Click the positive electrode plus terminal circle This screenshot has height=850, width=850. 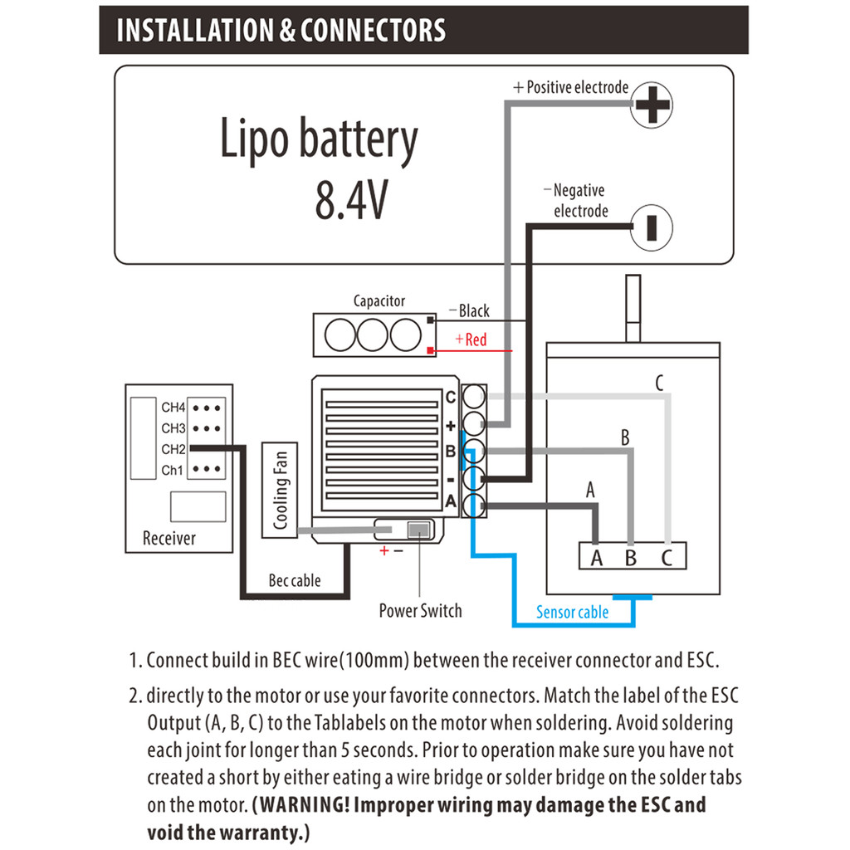coord(652,105)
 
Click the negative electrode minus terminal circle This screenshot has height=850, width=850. coord(652,227)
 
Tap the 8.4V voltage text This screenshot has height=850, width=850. coord(352,201)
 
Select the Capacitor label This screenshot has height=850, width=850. coord(379,300)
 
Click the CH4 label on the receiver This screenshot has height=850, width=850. coord(173,407)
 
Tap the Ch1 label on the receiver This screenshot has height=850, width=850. coord(173,470)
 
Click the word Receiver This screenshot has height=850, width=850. coord(169,538)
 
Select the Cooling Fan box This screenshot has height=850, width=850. coord(280,490)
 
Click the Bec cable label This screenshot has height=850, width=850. coord(295,580)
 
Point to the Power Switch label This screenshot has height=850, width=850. coord(420,611)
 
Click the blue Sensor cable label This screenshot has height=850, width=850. coord(573,612)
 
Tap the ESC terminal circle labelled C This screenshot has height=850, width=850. coord(474,397)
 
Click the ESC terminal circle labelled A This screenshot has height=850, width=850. coord(474,506)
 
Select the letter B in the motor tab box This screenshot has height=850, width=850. coord(631,557)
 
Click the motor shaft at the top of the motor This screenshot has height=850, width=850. coord(633,309)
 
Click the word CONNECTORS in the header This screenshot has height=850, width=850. coord(373,31)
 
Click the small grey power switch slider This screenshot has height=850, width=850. coord(418,530)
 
